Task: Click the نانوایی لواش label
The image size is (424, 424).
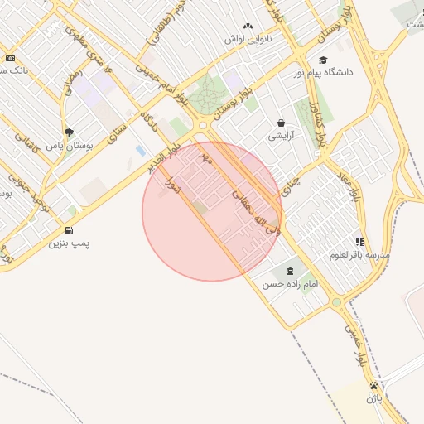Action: point(248,39)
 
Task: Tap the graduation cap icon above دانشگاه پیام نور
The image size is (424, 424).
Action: point(323,60)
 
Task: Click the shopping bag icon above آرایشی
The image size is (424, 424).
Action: point(281,123)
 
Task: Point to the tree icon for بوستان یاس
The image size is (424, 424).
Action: point(69,132)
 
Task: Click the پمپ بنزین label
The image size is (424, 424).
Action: point(69,243)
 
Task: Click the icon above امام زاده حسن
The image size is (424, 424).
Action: point(290,271)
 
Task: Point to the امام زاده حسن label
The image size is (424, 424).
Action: point(290,284)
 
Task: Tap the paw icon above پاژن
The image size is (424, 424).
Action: point(374,385)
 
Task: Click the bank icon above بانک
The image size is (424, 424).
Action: point(10,58)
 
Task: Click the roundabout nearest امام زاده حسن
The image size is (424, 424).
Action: point(336,302)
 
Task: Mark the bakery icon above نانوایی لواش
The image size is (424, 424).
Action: point(248,26)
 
